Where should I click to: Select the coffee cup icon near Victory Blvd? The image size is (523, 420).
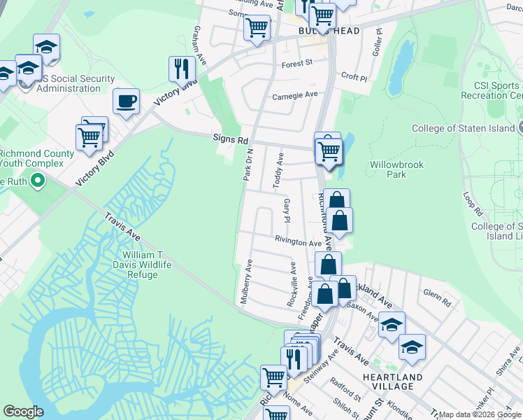pos(127,101)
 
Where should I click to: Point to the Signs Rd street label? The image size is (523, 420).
pos(231,140)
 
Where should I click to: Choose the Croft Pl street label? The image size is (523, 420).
pos(354,76)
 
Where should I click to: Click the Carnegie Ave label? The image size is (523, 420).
pos(295,94)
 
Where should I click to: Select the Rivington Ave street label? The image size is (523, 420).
pos(298,242)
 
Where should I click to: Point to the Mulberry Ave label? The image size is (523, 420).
pos(245,281)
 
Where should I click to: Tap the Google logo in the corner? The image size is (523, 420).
pos(23,412)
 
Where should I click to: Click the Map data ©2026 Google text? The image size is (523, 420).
pos(480,414)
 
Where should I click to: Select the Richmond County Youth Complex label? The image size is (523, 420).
pos(35,158)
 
